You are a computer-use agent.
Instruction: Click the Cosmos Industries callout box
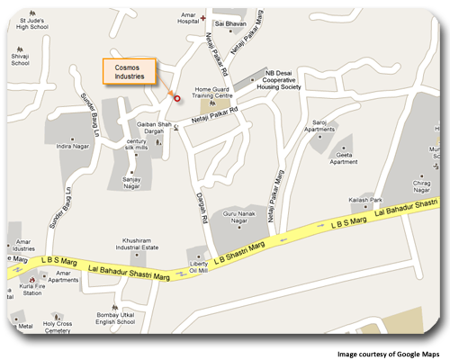[x=129, y=71]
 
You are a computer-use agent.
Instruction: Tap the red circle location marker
[x=177, y=98]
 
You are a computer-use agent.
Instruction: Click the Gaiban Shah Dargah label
[x=153, y=125]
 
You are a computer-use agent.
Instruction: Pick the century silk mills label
[x=137, y=146]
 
